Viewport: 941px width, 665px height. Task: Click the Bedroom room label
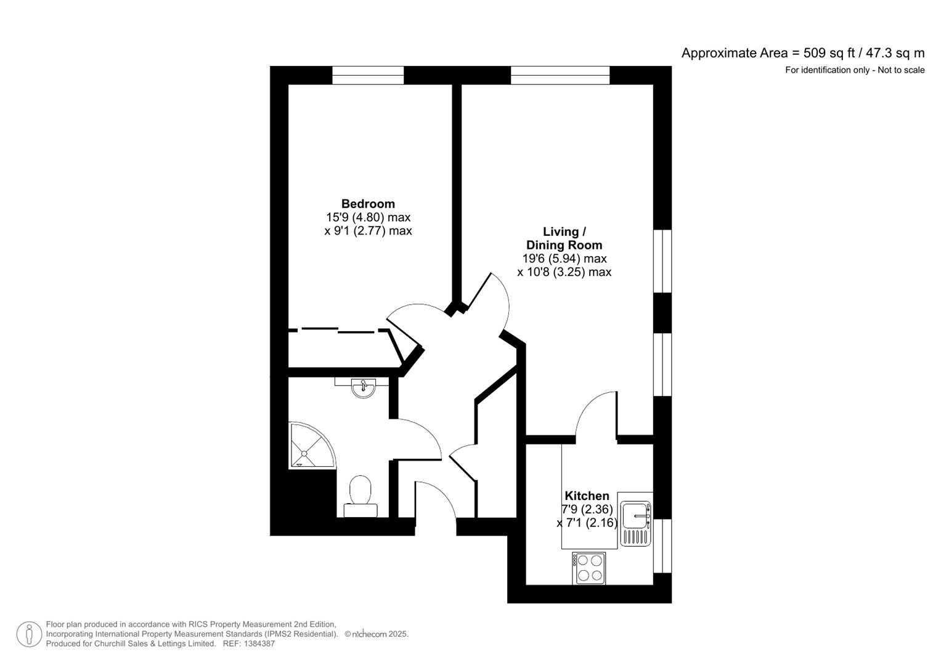pyautogui.click(x=368, y=204)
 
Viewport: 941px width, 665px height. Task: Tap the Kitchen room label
pyautogui.click(x=587, y=496)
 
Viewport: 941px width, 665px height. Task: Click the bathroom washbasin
pyautogui.click(x=364, y=387)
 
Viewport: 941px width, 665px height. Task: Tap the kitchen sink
pyautogui.click(x=636, y=519)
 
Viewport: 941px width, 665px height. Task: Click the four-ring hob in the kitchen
pyautogui.click(x=589, y=568)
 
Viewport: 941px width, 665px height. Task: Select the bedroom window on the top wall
pyautogui.click(x=368, y=75)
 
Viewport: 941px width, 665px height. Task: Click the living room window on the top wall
pyautogui.click(x=560, y=75)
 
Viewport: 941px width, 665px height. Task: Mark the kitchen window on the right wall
pyautogui.click(x=662, y=546)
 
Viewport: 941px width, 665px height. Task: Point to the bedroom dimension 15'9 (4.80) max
pyautogui.click(x=368, y=217)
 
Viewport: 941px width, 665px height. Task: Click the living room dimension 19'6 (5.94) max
pyautogui.click(x=564, y=258)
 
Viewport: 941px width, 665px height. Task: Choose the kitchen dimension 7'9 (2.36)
pyautogui.click(x=587, y=509)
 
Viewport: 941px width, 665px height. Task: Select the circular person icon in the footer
pyautogui.click(x=29, y=634)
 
